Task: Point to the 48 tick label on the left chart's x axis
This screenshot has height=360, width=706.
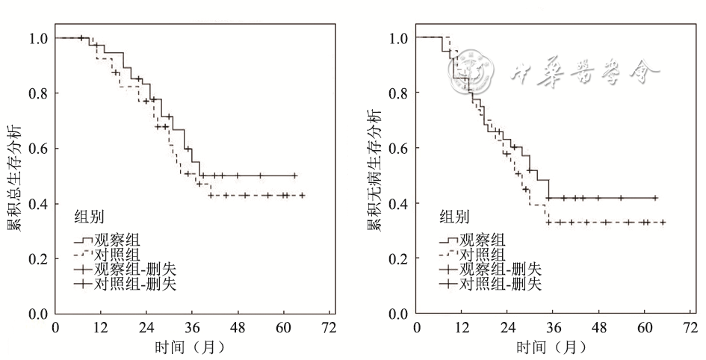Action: [238, 327]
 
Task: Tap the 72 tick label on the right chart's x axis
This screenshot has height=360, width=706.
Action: [691, 327]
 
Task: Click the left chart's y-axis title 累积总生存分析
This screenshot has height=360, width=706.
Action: [14, 175]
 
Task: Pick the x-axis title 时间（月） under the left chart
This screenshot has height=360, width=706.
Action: [190, 347]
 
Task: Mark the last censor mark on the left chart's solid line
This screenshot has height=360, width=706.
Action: [294, 176]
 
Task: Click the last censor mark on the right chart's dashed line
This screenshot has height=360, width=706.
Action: [662, 222]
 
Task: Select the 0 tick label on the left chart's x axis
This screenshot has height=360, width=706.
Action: [55, 327]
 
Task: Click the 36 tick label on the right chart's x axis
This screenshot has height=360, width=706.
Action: [554, 327]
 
